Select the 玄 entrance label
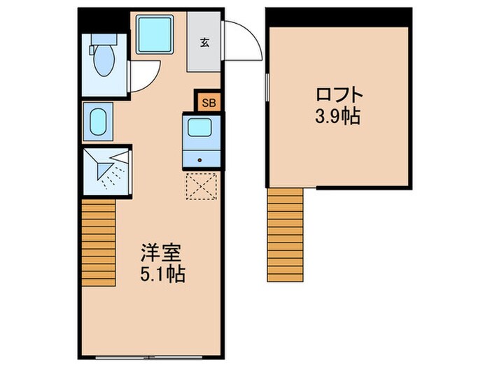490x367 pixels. click(x=204, y=42)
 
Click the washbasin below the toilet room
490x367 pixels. click(x=99, y=121)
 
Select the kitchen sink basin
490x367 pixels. click(x=202, y=129)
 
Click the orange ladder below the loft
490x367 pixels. click(x=286, y=236)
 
